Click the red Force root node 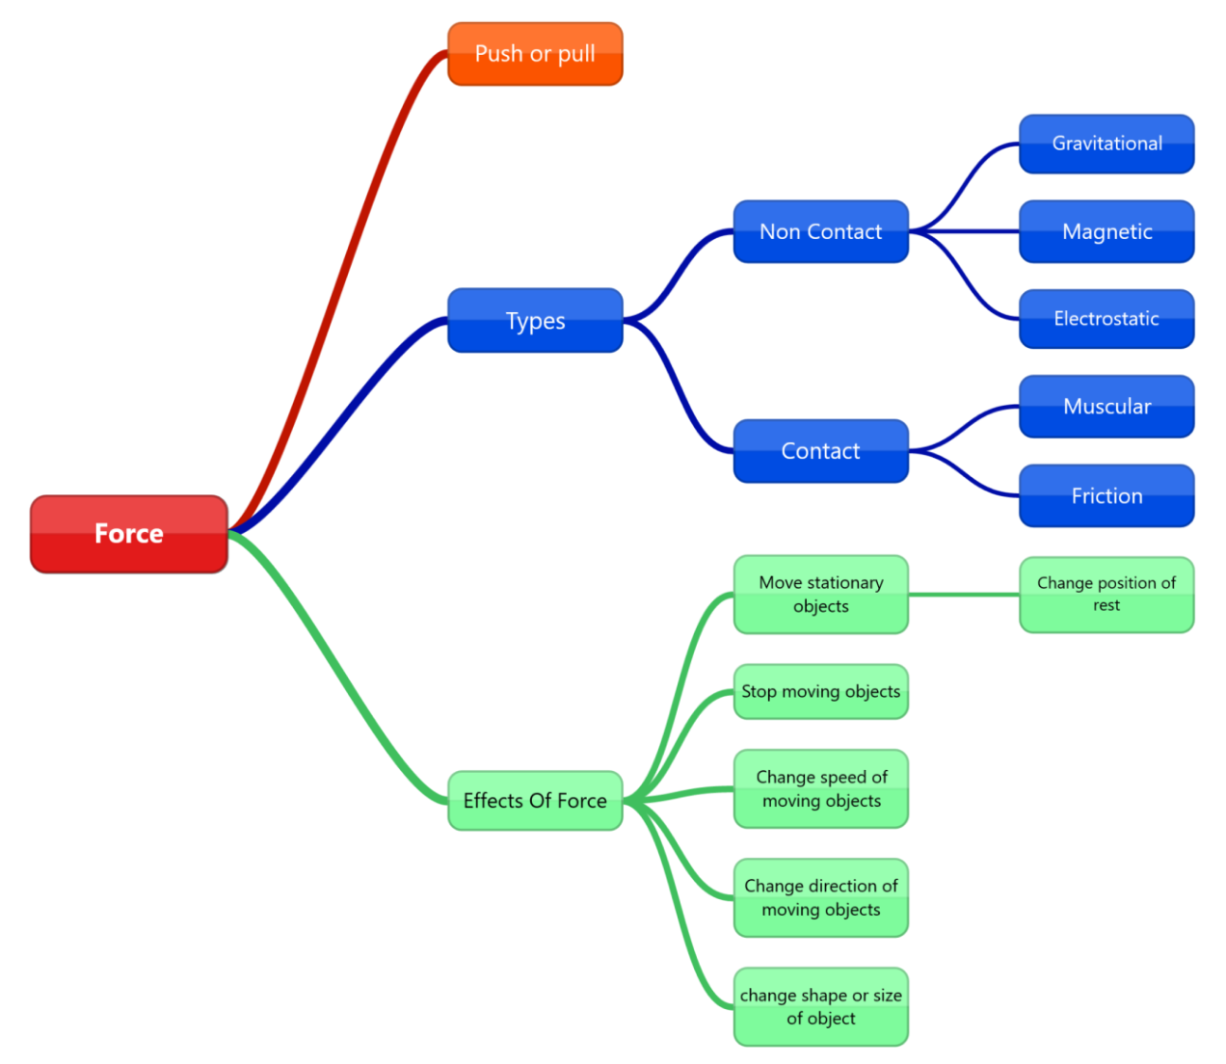pos(129,534)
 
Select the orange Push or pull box pos(535,54)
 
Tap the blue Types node pos(535,320)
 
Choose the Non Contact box pos(820,231)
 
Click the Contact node pos(820,450)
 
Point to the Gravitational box pos(1106,144)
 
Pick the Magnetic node pos(1106,231)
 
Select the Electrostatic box pos(1106,319)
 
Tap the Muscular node pos(1106,406)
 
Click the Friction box pos(1106,495)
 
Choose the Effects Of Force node pos(535,800)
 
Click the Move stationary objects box pos(820,594)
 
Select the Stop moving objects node pos(820,691)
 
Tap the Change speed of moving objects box pos(820,788)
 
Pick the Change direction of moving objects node pos(820,897)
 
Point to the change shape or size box pos(820,1006)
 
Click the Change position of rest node pos(1106,594)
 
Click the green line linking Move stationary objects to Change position pos(964,595)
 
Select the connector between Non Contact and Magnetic pos(964,231)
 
